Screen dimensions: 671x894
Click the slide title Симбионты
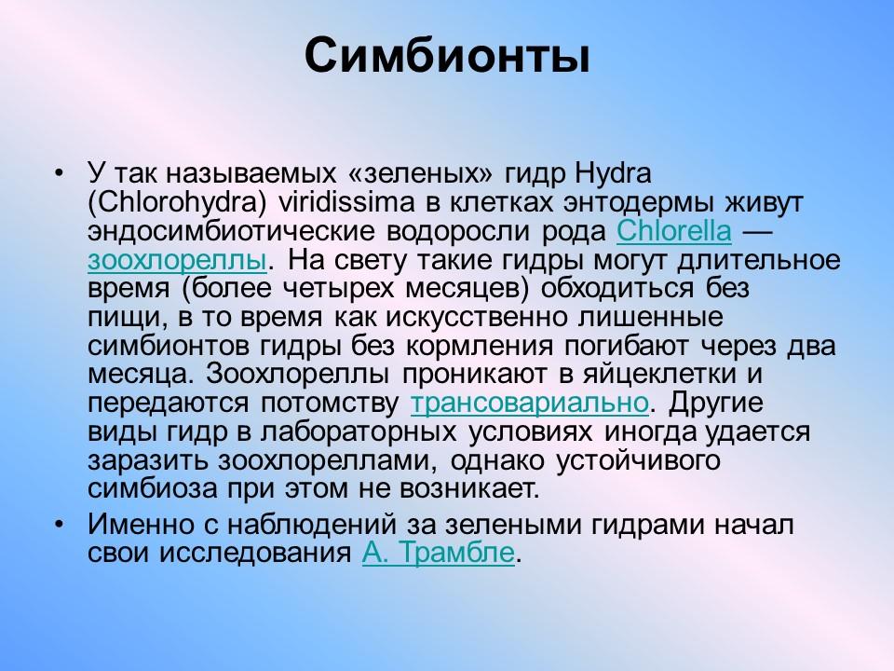447,57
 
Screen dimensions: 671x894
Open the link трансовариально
529,404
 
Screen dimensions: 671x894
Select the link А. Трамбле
437,553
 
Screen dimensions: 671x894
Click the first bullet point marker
60,173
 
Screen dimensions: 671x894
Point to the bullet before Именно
60,524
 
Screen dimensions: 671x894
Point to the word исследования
253,553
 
